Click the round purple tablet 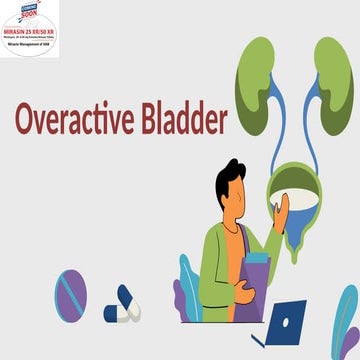(70, 294)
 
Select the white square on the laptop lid (287, 324)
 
